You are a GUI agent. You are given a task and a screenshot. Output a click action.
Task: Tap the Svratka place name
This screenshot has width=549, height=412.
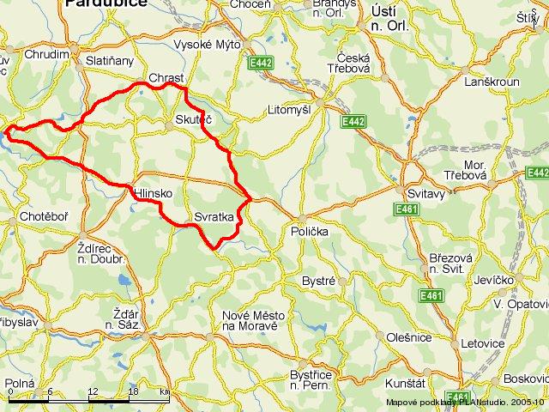214,217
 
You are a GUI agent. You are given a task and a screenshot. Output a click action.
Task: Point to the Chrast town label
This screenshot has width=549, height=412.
166,78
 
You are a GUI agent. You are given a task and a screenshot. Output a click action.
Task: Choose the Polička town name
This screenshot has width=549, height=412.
308,232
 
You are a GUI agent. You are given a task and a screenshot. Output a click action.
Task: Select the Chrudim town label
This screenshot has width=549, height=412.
47,54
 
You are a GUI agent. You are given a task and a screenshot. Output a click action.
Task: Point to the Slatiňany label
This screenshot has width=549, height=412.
110,61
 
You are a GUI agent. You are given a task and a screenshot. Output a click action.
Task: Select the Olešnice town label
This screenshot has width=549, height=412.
409,337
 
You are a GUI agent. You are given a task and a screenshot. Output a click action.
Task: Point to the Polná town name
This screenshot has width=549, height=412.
19,384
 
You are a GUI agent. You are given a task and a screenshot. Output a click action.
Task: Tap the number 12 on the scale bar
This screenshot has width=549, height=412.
91,391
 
